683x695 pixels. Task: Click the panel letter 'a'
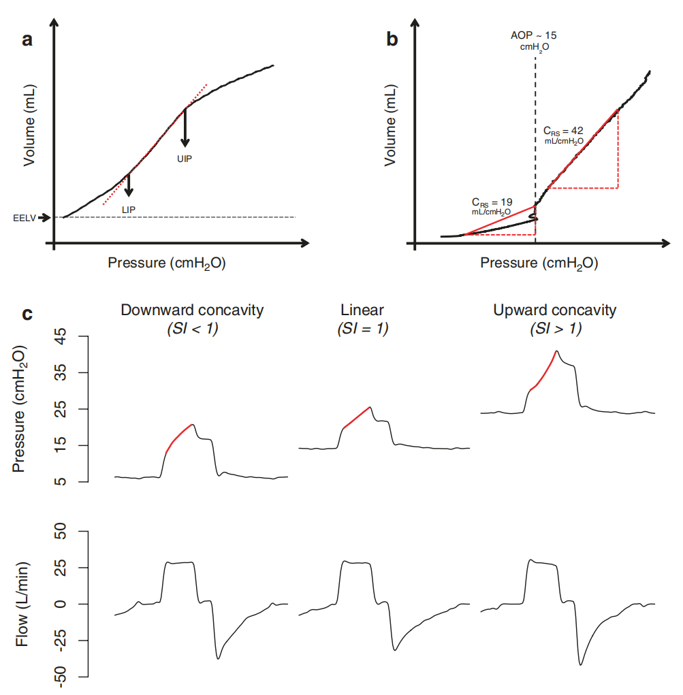pyautogui.click(x=27, y=40)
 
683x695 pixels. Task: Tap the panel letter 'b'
pyautogui.click(x=392, y=39)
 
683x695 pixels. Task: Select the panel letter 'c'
pyautogui.click(x=27, y=313)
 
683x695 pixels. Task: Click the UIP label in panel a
pyautogui.click(x=185, y=159)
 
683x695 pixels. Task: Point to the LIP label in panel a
pyautogui.click(x=129, y=210)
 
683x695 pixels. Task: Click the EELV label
pyautogui.click(x=25, y=218)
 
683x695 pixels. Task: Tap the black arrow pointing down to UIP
pyautogui.click(x=185, y=128)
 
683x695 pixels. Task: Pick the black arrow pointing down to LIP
pyautogui.click(x=129, y=185)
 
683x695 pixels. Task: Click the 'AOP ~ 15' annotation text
pyautogui.click(x=534, y=35)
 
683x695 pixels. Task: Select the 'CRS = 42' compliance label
pyautogui.click(x=563, y=131)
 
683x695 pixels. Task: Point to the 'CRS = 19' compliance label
pyautogui.click(x=492, y=203)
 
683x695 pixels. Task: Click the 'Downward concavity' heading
pyautogui.click(x=192, y=310)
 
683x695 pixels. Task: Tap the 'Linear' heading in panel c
pyautogui.click(x=362, y=310)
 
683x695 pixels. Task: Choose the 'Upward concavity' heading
pyautogui.click(x=555, y=310)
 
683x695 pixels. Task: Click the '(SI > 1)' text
pyautogui.click(x=556, y=329)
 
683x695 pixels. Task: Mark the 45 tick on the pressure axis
pyautogui.click(x=60, y=336)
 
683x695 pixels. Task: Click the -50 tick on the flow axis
pyautogui.click(x=60, y=677)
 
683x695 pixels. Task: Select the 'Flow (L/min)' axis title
pyautogui.click(x=22, y=604)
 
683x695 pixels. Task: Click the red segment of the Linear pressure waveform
pyautogui.click(x=357, y=417)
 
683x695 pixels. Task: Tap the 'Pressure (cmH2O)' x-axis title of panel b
pyautogui.click(x=539, y=263)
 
